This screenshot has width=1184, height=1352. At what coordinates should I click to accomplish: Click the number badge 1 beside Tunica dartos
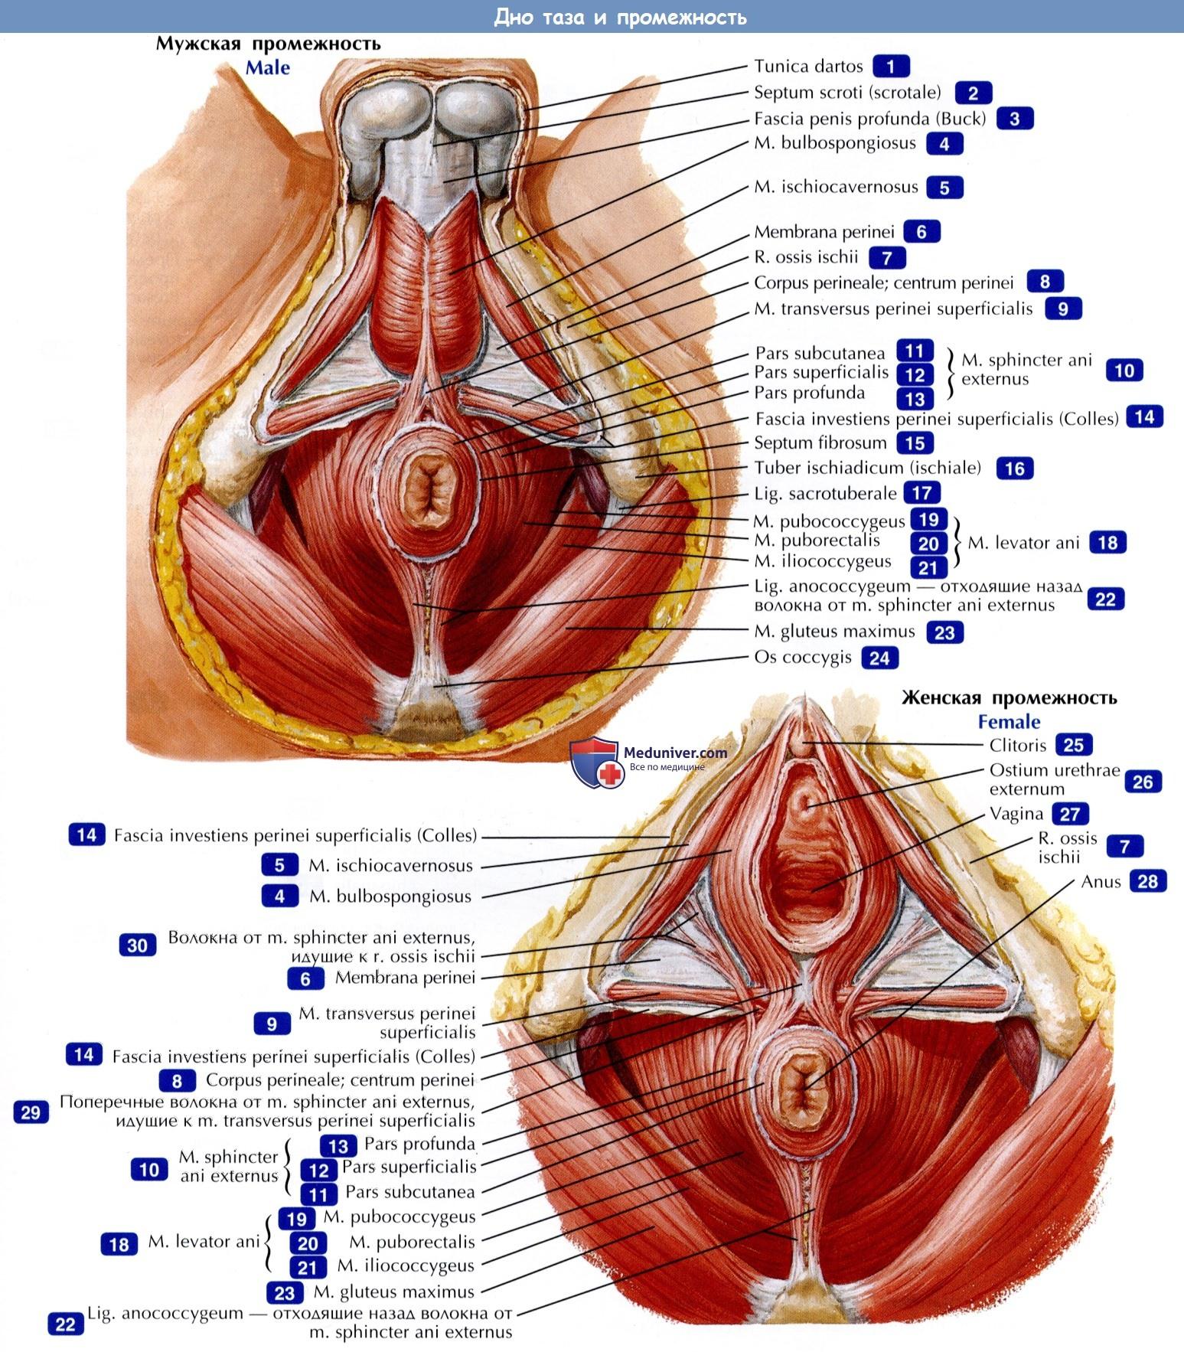(x=891, y=67)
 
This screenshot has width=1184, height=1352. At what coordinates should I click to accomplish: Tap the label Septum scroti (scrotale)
(x=847, y=93)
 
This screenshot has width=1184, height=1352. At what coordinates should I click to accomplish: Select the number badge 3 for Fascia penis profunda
(x=1015, y=119)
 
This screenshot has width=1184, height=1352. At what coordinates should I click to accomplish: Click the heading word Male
(x=267, y=67)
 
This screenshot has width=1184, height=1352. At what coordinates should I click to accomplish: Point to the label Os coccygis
(x=802, y=657)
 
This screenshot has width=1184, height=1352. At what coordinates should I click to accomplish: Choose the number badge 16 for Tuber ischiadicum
(x=1015, y=469)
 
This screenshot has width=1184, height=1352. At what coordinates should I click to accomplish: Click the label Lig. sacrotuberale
(x=824, y=494)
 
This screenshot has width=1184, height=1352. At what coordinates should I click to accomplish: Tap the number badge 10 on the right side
(x=1124, y=371)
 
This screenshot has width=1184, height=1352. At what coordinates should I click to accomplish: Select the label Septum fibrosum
(x=820, y=443)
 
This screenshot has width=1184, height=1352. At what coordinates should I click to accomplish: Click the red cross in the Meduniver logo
(x=610, y=775)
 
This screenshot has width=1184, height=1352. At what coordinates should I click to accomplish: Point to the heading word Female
(x=1009, y=721)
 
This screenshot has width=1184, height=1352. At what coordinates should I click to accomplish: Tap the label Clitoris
(x=1017, y=745)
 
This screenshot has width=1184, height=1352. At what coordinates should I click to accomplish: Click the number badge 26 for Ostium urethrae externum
(x=1142, y=782)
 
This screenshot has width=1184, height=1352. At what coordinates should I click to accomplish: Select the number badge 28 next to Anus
(x=1147, y=881)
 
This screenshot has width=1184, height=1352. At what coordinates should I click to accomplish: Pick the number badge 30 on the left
(x=137, y=945)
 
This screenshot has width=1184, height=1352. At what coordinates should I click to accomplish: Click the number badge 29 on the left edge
(x=31, y=1112)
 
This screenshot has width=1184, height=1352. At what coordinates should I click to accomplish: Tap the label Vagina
(x=1016, y=814)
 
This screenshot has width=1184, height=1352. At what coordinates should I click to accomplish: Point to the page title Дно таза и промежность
(x=620, y=17)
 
